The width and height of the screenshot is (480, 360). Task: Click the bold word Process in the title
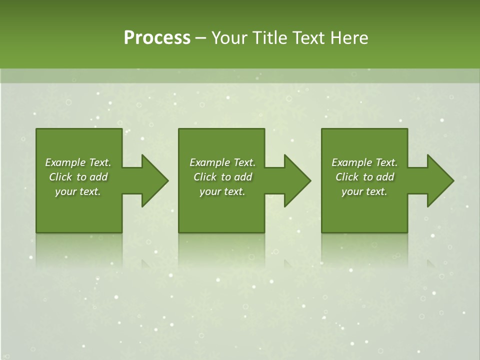157,38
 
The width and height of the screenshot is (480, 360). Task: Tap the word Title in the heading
270,38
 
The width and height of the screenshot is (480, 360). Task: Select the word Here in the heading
348,38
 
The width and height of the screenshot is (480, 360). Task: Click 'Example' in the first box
65,162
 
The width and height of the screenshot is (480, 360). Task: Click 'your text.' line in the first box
78,191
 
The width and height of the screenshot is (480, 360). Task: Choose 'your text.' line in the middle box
222,191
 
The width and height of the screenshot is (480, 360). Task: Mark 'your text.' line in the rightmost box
364,191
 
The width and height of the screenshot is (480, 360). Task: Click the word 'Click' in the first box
60,177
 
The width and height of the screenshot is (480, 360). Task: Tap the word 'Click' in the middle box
205,177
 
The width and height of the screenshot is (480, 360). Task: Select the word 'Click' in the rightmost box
347,177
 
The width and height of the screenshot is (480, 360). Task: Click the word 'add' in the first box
98,177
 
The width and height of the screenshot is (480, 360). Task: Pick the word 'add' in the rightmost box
385,177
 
